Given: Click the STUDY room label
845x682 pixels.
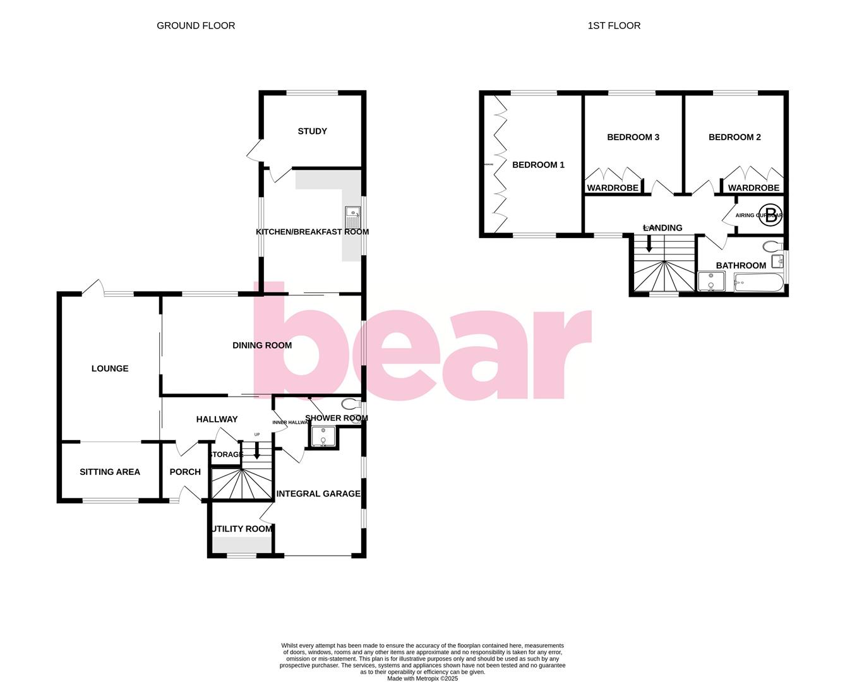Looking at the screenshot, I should point(312,131).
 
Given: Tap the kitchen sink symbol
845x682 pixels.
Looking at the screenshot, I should point(352,217).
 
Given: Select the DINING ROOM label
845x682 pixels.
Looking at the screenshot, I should point(262,345).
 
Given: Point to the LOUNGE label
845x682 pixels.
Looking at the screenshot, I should point(110,369).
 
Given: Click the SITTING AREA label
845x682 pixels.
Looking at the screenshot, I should point(110,472).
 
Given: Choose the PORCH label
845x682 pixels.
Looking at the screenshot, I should point(185,472).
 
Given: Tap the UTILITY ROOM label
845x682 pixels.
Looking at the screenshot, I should point(242,529).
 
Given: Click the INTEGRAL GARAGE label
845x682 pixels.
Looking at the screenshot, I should point(318,494).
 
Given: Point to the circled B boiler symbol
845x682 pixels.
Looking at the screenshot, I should point(770,212).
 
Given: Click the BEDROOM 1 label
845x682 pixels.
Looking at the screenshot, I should point(538,165).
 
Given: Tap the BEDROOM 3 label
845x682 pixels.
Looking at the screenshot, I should point(633,137).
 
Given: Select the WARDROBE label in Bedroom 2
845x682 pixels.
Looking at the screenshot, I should point(753,188).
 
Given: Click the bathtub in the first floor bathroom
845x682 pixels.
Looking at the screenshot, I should point(758,282).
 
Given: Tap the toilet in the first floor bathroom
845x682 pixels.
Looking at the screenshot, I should point(772,245).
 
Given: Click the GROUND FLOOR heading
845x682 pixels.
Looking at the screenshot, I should point(196,26).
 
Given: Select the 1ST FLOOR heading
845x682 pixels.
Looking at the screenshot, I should point(614,26).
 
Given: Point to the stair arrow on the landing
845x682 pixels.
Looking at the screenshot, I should point(649,244).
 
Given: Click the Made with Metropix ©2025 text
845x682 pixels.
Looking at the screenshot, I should point(422,679).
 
